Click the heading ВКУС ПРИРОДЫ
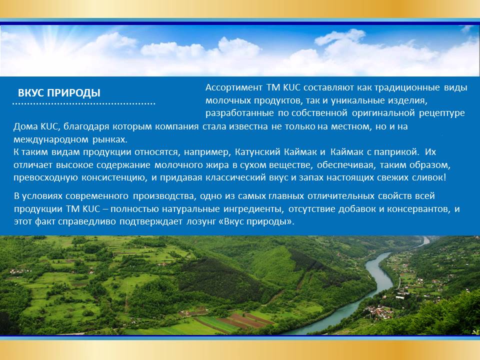pyautogui.click(x=59, y=93)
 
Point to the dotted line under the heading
pyautogui.click(x=84, y=104)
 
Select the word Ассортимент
pyautogui.click(x=234, y=88)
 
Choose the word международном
pyautogui.click(x=51, y=140)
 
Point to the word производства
pyautogui.click(x=163, y=196)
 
